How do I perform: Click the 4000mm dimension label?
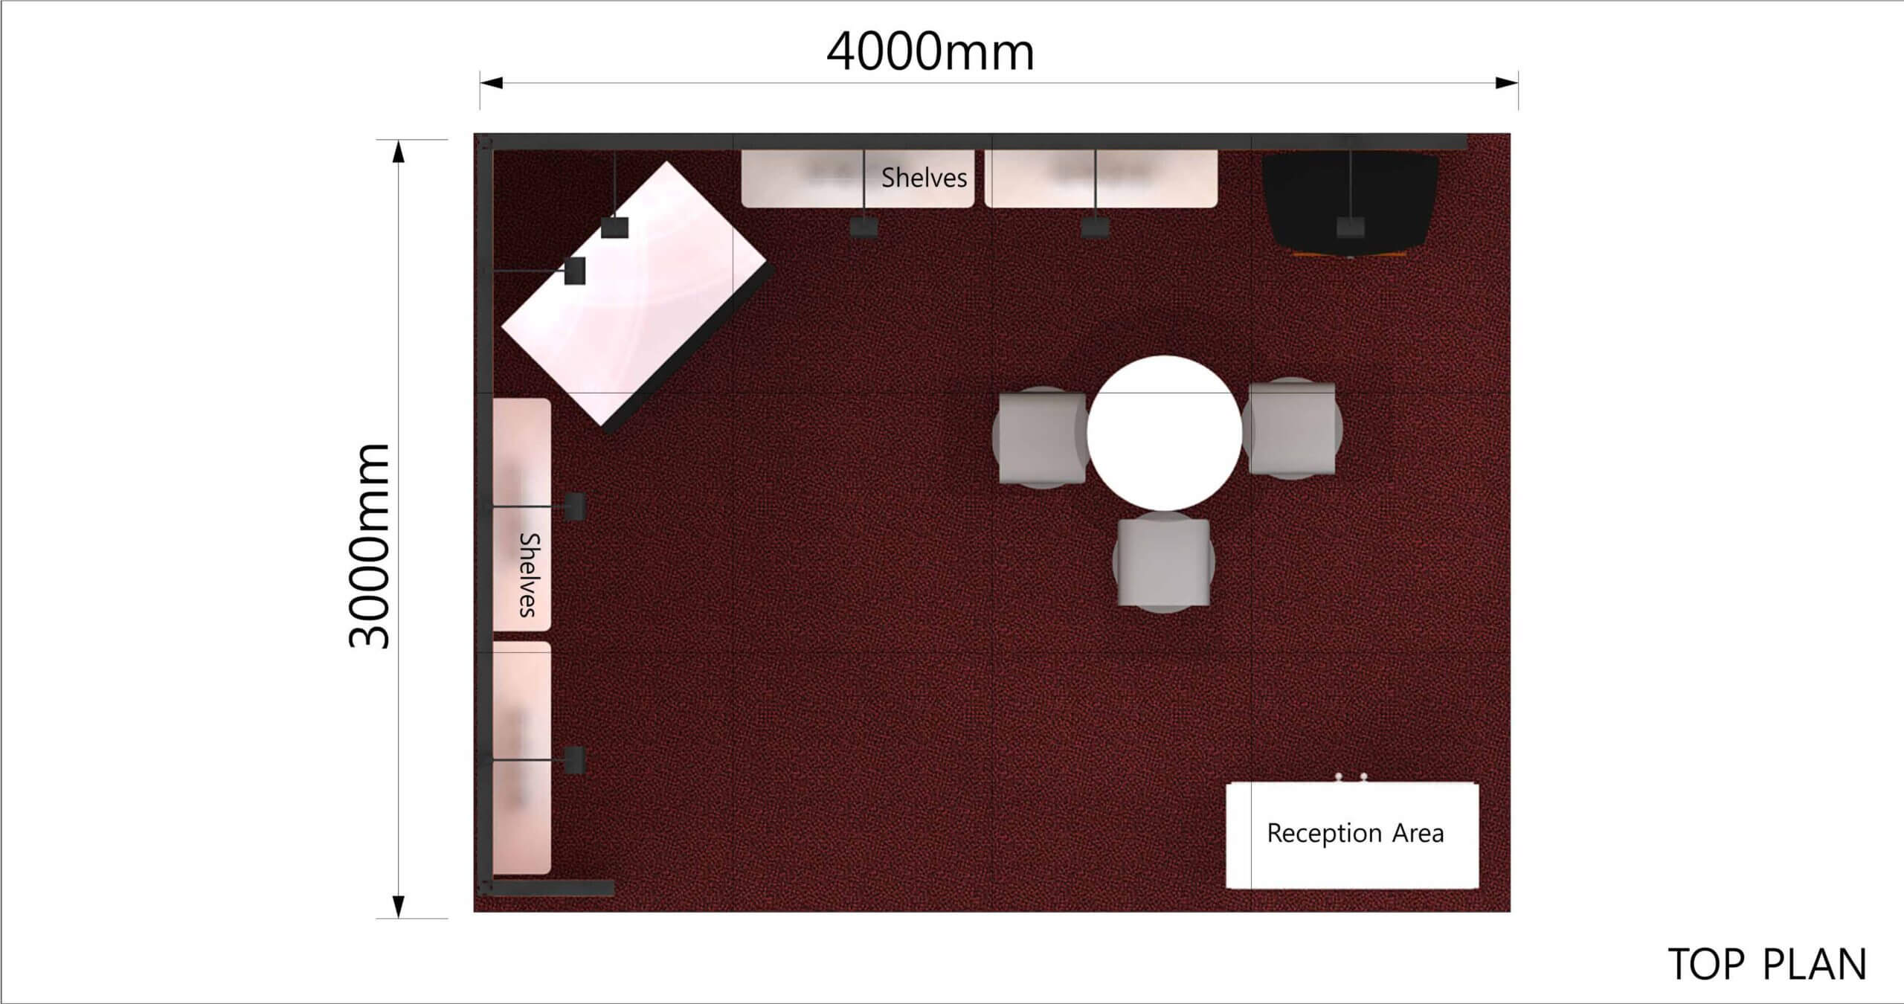click(x=930, y=53)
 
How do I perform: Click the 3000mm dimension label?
click(x=370, y=547)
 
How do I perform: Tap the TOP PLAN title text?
click(x=1766, y=965)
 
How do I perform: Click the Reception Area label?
click(x=1355, y=833)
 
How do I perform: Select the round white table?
click(x=1164, y=433)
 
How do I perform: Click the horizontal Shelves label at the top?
click(x=924, y=178)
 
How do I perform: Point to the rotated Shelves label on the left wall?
click(x=528, y=574)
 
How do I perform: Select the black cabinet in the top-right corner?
click(x=1350, y=201)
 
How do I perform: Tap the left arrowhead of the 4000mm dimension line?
click(x=491, y=83)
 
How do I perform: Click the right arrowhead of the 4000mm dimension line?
click(x=1507, y=83)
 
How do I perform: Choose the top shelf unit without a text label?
click(x=1101, y=178)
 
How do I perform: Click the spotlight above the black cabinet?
click(x=1350, y=226)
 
